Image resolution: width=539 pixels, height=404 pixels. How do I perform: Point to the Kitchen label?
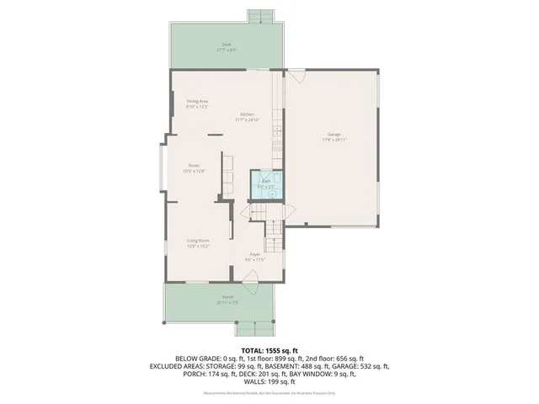tap(247, 115)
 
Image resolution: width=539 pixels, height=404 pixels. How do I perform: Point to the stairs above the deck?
tap(261, 17)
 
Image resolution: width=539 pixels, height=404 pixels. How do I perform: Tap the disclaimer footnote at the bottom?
tap(269, 394)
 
